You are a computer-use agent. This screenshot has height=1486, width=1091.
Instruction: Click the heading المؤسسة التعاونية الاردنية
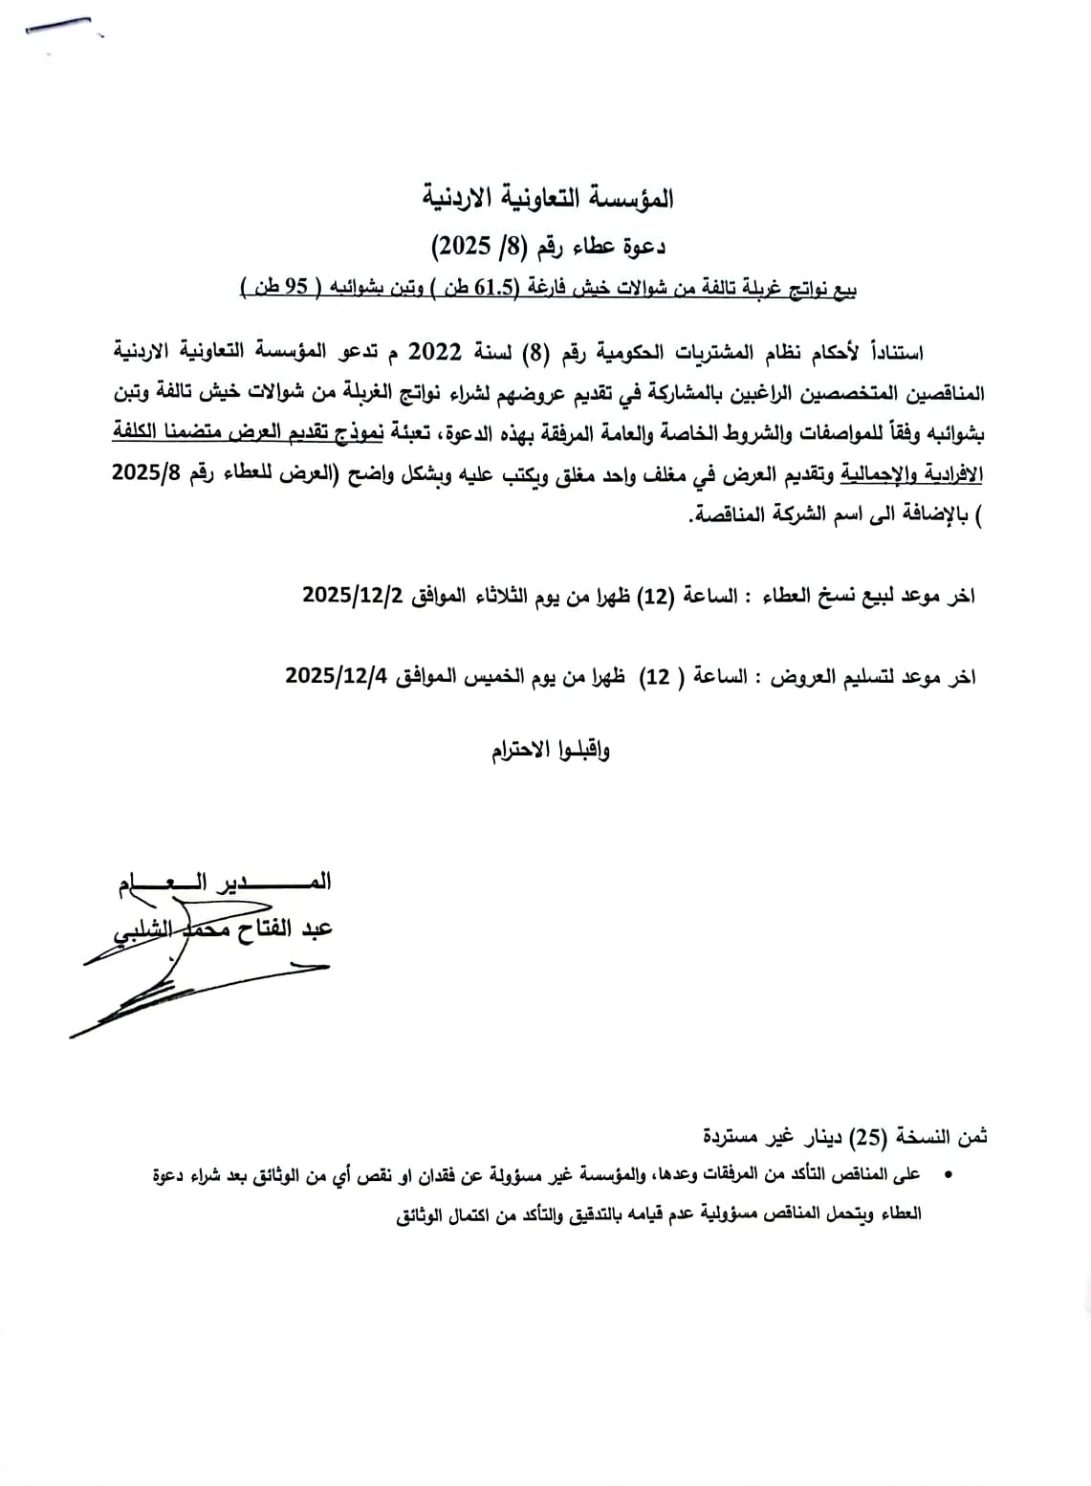549,199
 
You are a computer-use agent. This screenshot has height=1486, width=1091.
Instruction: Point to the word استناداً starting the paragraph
891,353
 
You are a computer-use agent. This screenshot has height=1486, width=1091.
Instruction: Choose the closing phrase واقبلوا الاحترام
551,750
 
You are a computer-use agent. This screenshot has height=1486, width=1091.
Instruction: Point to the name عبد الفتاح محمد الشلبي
224,928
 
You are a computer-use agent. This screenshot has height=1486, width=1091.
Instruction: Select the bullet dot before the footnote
947,1174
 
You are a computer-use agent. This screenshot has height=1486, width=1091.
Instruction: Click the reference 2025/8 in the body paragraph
153,473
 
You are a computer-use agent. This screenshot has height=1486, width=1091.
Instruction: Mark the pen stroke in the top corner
59,27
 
